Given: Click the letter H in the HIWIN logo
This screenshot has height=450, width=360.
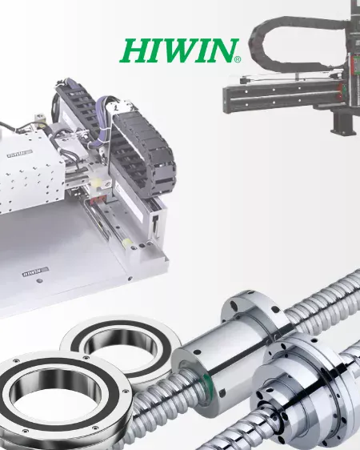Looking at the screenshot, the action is click(134, 50).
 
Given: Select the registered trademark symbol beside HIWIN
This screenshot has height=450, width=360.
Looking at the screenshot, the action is click(238, 59).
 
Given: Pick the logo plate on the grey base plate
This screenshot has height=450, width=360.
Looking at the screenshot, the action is click(35, 271).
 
